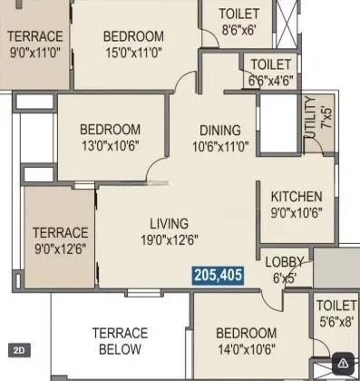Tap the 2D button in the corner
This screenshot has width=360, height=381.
18,348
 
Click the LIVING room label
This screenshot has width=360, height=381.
170,223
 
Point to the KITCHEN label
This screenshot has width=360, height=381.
296,196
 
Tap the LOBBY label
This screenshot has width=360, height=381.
284,263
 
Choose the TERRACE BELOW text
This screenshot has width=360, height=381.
120,341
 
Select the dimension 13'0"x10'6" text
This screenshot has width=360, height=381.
110,145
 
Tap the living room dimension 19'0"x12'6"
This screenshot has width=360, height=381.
170,240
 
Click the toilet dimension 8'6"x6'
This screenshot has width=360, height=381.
239,30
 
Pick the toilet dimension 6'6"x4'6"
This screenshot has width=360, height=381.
270,80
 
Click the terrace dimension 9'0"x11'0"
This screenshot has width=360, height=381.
35,53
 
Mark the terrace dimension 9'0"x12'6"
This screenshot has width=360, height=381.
61,249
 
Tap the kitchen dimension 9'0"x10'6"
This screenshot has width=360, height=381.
296,213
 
